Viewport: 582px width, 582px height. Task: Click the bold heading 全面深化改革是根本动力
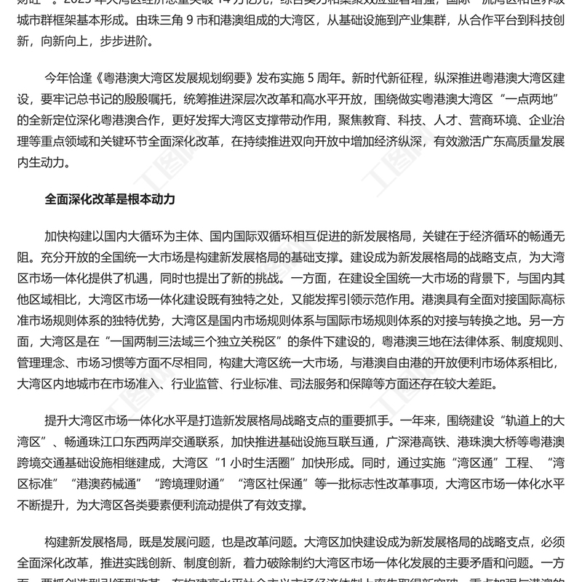(x=109, y=197)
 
